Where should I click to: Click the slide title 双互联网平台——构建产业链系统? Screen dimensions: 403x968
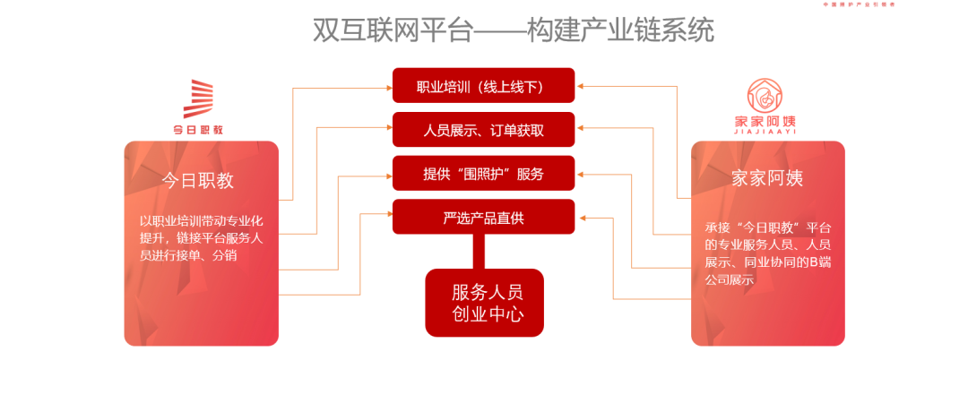[x=513, y=30]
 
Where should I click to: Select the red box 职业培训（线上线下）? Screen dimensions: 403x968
[x=483, y=87]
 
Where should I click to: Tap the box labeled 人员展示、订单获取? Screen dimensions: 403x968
[x=483, y=130]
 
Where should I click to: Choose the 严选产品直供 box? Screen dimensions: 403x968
[x=483, y=217]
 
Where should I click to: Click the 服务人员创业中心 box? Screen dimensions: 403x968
[x=484, y=303]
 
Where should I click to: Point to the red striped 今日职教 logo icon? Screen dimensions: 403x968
[x=198, y=99]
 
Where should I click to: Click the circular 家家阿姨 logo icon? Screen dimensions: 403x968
[x=765, y=97]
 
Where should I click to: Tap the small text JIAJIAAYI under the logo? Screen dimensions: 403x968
[x=765, y=131]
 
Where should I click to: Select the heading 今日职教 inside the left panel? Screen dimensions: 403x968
[x=198, y=180]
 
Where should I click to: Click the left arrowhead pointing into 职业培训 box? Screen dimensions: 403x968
[x=387, y=88]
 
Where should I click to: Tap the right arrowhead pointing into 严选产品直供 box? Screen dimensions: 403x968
[x=580, y=217]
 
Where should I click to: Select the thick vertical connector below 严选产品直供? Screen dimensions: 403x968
[x=484, y=252]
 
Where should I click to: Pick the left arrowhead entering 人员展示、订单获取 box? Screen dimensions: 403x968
[x=387, y=131]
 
